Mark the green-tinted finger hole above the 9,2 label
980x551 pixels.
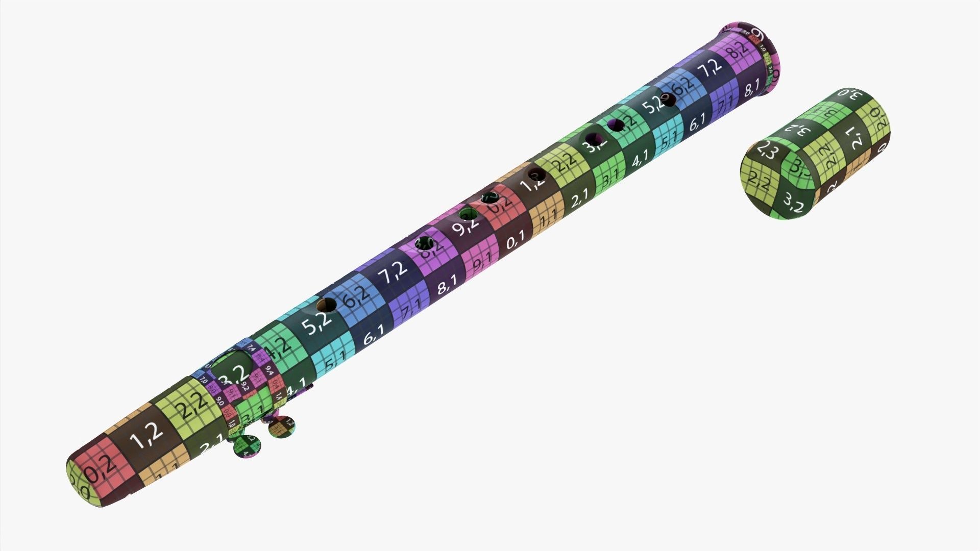[467, 213]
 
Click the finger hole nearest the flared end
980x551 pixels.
[667, 99]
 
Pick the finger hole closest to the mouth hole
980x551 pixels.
[326, 306]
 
